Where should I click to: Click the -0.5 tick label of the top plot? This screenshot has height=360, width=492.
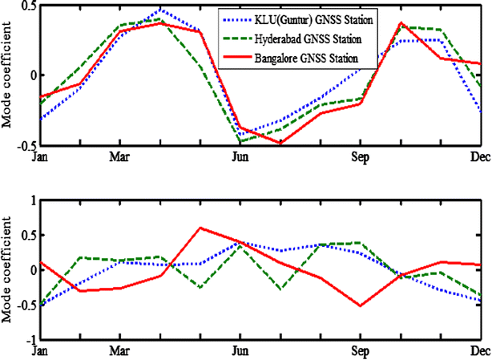(x=25, y=145)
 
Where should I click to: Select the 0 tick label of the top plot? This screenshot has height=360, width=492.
(x=31, y=75)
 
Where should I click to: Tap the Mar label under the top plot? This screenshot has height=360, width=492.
(x=119, y=156)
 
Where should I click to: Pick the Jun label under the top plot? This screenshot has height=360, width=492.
(x=240, y=156)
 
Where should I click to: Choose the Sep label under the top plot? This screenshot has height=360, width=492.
(x=360, y=156)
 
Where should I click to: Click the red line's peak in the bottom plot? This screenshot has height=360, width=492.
(x=200, y=228)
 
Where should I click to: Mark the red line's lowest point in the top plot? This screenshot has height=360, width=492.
(x=280, y=143)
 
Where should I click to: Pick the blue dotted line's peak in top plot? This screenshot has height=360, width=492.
(x=160, y=10)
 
